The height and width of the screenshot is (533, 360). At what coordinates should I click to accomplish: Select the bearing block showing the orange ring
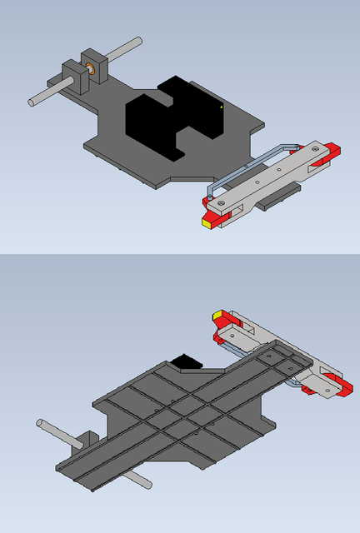[x=92, y=65]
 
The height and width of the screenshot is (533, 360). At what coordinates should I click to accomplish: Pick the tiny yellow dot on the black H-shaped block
[x=221, y=107]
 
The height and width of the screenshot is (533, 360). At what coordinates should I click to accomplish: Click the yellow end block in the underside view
[x=217, y=316]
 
